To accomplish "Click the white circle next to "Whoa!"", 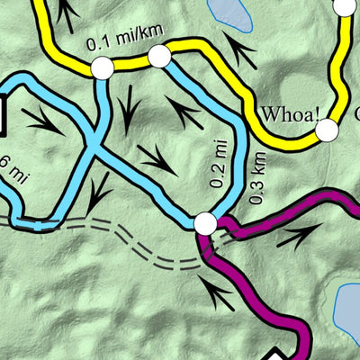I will point(327,130).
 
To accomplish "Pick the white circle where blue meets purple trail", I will point(205,222).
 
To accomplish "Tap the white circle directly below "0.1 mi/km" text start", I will point(103,67).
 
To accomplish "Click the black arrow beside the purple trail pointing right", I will point(297,236).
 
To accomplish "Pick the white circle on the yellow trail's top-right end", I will point(346,7).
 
